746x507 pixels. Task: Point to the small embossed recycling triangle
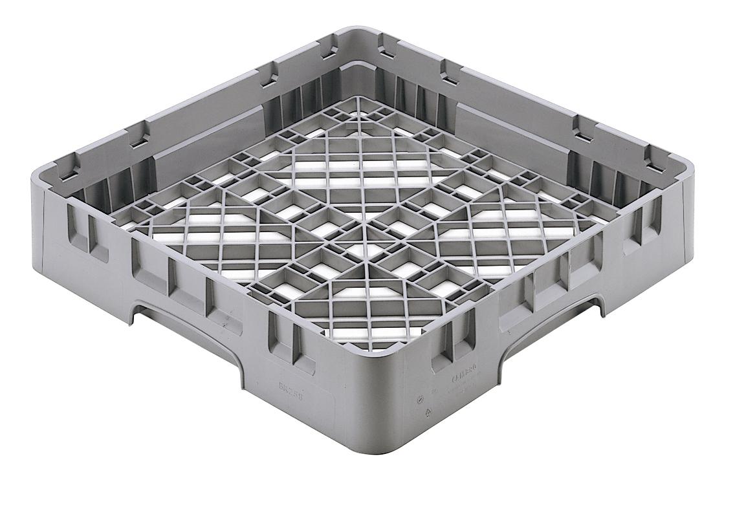pos(424,415)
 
